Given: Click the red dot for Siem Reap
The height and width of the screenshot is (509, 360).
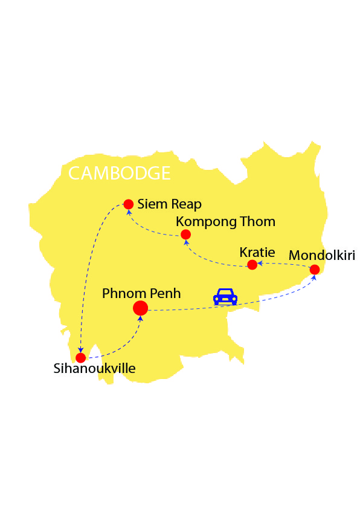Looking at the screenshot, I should pyautogui.click(x=128, y=204).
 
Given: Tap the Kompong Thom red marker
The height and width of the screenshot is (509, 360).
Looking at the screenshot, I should pyautogui.click(x=185, y=235).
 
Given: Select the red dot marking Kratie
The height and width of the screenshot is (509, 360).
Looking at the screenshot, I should pyautogui.click(x=252, y=265).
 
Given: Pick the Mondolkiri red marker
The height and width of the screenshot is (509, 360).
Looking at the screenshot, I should pyautogui.click(x=314, y=270).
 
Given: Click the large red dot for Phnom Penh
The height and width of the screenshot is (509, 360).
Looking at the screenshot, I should pyautogui.click(x=140, y=308).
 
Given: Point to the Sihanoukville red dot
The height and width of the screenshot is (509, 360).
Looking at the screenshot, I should pyautogui.click(x=80, y=357).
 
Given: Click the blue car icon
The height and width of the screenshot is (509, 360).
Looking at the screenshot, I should pyautogui.click(x=225, y=296).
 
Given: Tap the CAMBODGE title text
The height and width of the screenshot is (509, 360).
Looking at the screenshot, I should pyautogui.click(x=119, y=173).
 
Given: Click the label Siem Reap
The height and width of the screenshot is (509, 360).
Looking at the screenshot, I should pyautogui.click(x=169, y=204).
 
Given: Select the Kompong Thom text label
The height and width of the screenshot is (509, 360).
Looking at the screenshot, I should pyautogui.click(x=225, y=221).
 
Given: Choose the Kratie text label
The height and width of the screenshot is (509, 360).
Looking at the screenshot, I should pyautogui.click(x=257, y=251).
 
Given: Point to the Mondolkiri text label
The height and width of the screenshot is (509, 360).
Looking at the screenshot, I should pyautogui.click(x=322, y=254).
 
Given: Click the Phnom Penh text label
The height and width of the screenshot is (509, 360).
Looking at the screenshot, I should pyautogui.click(x=141, y=293).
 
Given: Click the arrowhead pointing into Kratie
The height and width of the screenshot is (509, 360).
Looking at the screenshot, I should pyautogui.click(x=260, y=264).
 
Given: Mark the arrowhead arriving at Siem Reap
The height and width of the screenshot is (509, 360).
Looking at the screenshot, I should pyautogui.click(x=128, y=212).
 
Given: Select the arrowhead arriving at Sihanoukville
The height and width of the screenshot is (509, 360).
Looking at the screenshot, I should pyautogui.click(x=81, y=349).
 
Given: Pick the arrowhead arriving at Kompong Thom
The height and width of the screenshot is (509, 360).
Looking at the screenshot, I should pyautogui.click(x=185, y=242).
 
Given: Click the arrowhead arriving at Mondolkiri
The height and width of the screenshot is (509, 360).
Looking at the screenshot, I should pyautogui.click(x=314, y=277).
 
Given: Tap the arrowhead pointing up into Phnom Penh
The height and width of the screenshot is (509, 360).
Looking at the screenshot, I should pyautogui.click(x=141, y=317).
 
